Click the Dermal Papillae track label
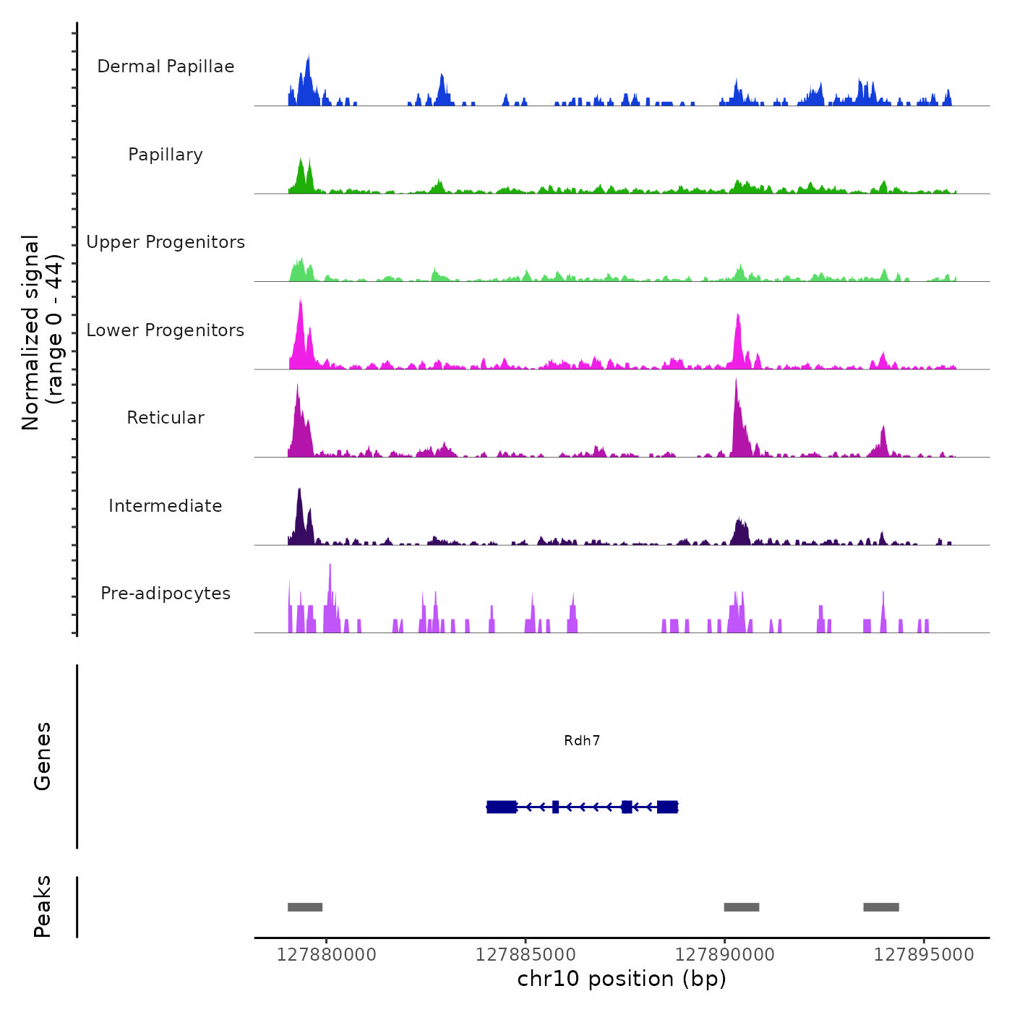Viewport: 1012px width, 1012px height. (166, 67)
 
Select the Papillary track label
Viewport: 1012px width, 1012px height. (166, 155)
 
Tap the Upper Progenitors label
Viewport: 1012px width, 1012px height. (166, 242)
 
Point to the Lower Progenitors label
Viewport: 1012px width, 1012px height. (166, 330)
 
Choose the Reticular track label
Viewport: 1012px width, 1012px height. (166, 418)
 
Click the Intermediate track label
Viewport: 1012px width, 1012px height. (166, 506)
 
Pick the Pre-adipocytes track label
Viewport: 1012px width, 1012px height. (166, 593)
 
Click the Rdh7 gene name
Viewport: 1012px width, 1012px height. (582, 741)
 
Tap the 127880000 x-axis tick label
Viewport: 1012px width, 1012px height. (327, 955)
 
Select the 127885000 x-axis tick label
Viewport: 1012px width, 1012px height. (526, 955)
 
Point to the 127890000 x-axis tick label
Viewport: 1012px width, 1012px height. (725, 955)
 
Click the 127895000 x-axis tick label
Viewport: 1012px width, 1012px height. (924, 955)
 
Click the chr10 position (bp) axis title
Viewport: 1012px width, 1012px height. (622, 979)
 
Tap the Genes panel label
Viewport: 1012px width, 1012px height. (43, 756)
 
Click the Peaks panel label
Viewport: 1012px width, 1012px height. (43, 906)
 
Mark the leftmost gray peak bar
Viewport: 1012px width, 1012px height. (305, 907)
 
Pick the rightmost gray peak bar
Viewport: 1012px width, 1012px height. (881, 907)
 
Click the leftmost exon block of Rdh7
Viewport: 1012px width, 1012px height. (502, 807)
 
